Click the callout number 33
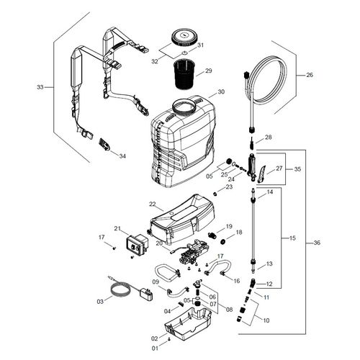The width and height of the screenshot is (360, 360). coord(40,87)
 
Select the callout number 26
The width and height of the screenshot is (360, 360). coord(310,75)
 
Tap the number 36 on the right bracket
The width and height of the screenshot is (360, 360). coord(318,243)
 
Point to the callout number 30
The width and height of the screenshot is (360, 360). coord(221,91)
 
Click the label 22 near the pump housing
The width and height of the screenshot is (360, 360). coord(153,204)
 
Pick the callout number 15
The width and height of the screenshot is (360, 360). coord(292,238)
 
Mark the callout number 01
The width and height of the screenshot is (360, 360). coord(154,348)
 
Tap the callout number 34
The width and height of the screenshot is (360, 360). coord(122,156)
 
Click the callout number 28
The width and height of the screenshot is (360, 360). coord(269,137)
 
